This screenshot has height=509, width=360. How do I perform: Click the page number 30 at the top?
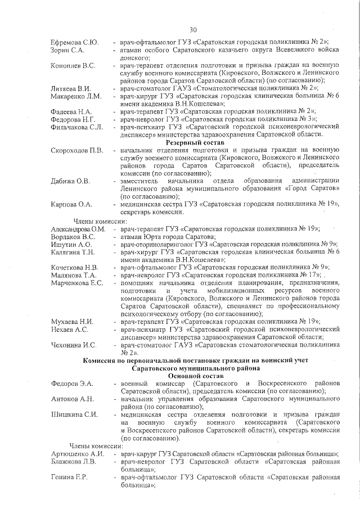[x=193, y=29]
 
